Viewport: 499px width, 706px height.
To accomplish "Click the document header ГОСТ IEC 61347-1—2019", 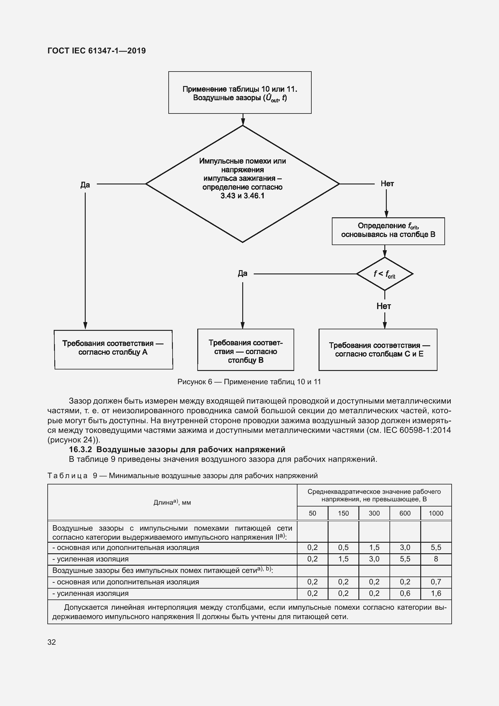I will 97,51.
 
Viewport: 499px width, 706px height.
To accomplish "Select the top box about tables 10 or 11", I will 240,93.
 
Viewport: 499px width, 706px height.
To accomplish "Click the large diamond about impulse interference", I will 243,184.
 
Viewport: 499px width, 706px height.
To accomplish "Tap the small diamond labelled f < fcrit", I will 384,274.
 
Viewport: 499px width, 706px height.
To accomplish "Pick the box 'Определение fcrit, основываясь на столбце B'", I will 388,231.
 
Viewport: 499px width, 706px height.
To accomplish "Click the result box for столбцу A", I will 113,349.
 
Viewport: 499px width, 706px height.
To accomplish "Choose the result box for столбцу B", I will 246,350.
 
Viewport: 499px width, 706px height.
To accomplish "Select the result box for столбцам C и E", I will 378,350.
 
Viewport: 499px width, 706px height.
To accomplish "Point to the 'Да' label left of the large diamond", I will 85,185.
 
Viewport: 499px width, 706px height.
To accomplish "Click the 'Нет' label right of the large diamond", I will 387,184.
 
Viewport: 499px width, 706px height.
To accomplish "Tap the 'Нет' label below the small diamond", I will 384,306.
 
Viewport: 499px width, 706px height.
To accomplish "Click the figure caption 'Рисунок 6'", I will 249,382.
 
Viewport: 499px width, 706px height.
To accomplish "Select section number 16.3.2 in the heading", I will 81,449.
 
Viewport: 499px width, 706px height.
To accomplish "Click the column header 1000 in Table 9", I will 436,513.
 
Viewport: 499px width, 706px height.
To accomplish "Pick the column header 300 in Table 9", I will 374,513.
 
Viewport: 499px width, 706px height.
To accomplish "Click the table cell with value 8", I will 436,559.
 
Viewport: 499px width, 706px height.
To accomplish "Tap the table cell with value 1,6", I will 436,593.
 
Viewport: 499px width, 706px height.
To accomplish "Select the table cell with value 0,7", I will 436,582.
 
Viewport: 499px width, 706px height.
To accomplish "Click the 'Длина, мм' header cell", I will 172,503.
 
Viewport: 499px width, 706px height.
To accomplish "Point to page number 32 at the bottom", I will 52,642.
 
